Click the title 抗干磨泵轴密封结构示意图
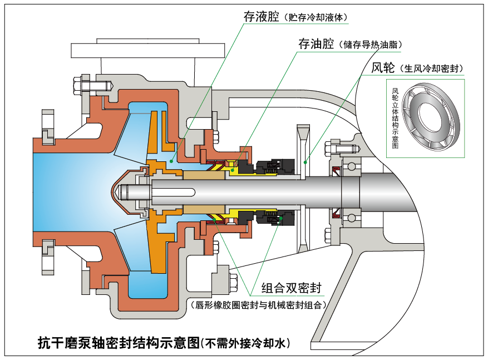click(118, 342)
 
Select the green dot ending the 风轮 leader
click(305, 162)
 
